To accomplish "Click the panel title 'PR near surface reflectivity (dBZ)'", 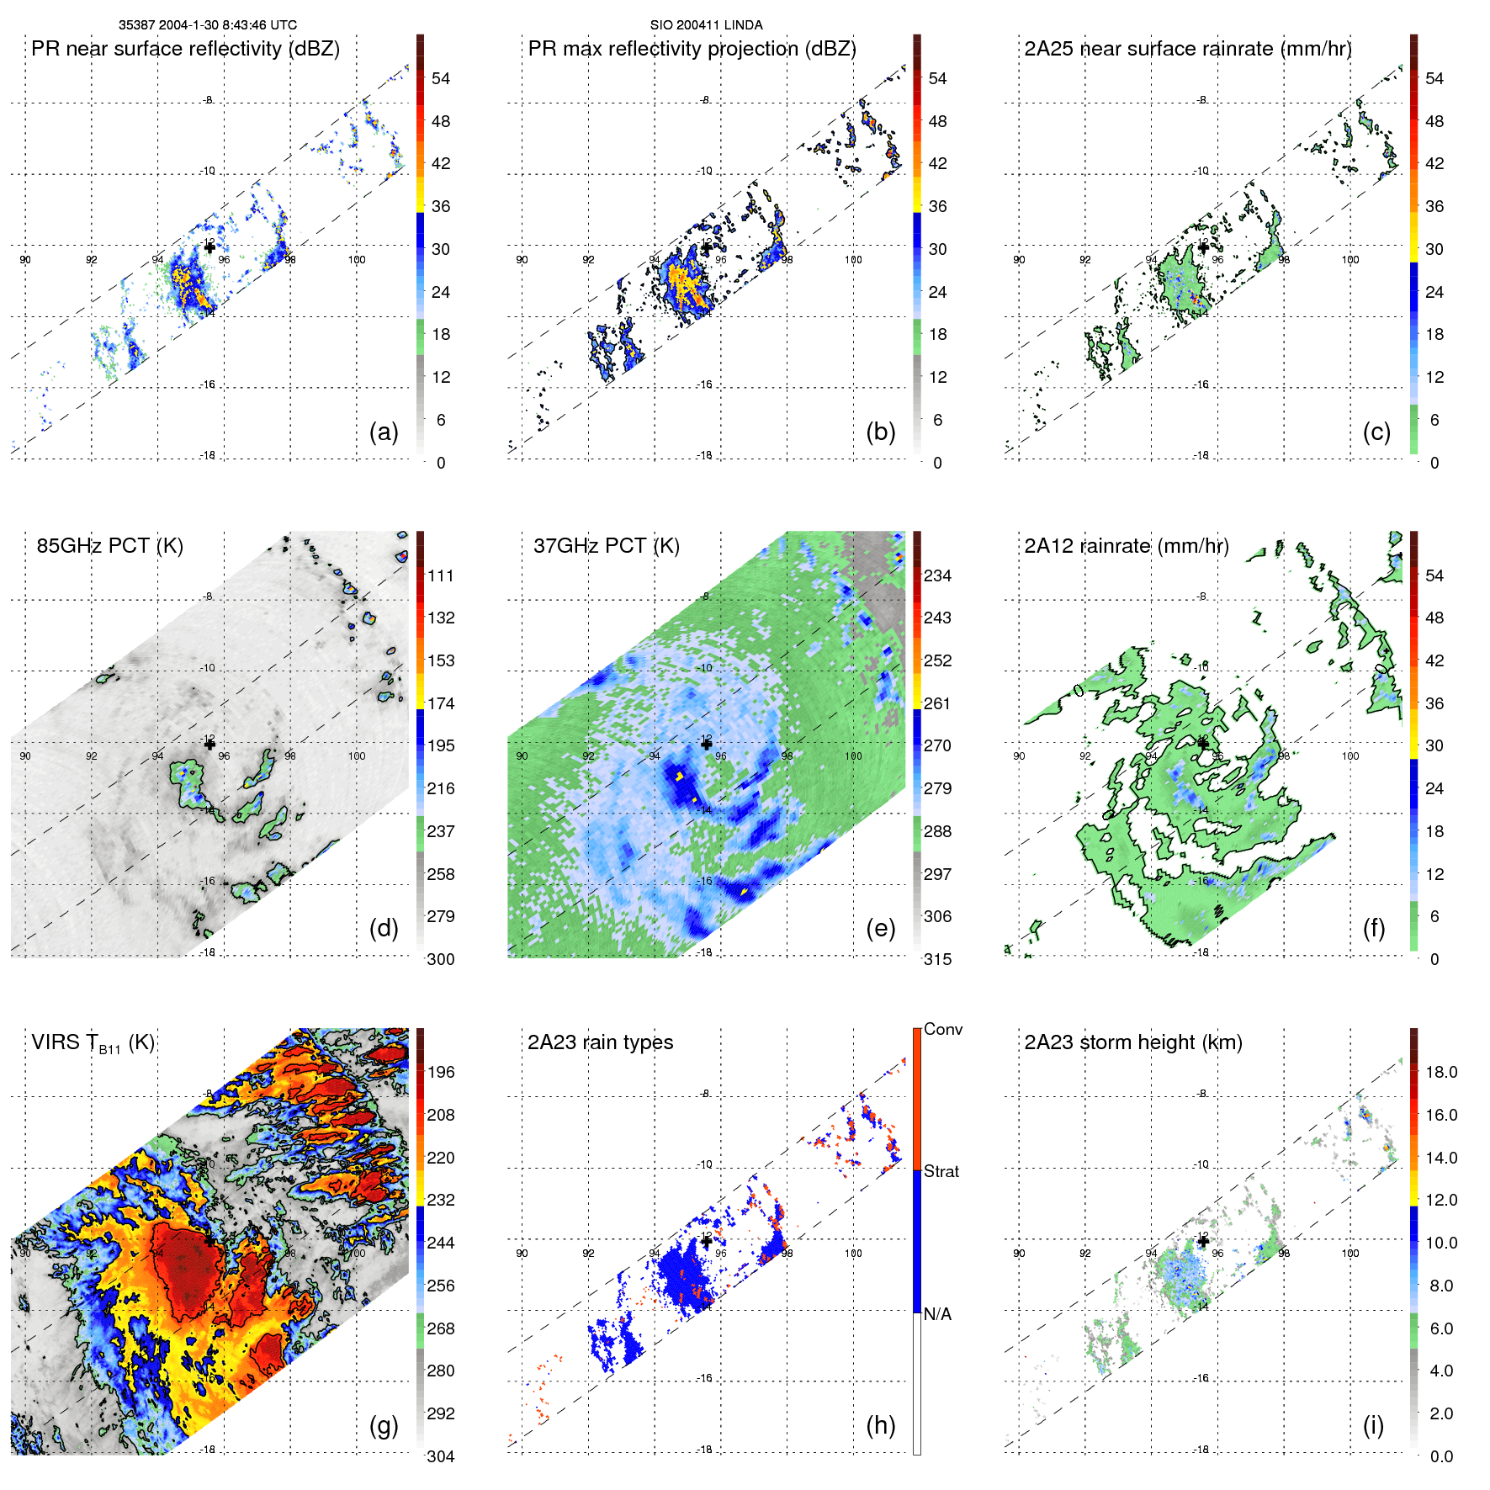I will pos(185,49).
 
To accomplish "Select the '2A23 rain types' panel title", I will pos(600,1042).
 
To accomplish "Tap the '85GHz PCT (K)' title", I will pos(109,545).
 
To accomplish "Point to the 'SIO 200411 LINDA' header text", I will pos(706,25).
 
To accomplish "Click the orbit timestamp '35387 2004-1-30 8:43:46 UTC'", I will pos(208,25).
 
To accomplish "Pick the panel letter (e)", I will pos(880,928).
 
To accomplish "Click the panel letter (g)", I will pos(384,1424).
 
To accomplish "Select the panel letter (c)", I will pos(1376,432).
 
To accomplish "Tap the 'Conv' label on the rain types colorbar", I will pos(942,1029).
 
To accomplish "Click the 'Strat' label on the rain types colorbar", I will pos(941,1171).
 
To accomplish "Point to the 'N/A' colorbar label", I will pos(937,1314).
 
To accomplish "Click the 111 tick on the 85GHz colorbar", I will pos(441,575).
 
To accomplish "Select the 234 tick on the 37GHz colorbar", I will pos(937,575).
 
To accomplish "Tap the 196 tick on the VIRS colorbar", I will pos(441,1072).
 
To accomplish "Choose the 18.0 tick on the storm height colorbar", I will pos(1441,1072).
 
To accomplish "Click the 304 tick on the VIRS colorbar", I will pos(441,1456).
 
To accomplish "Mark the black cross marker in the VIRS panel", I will pos(209,1240).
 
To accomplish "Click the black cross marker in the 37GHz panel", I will pos(706,744).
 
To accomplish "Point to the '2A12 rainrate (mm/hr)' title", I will pos(1127,545).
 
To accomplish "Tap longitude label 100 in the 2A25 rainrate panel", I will pos(1349,260).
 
